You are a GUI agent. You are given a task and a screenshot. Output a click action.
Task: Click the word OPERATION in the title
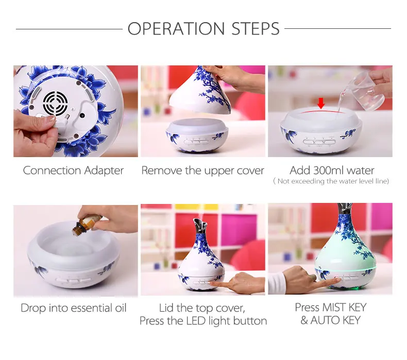pyautogui.click(x=176, y=28)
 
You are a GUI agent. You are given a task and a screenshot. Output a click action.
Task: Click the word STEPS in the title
pyautogui.click(x=256, y=28)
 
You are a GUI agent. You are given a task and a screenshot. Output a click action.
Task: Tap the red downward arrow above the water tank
pyautogui.click(x=321, y=103)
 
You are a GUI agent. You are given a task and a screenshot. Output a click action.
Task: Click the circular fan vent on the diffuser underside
pyautogui.click(x=55, y=103)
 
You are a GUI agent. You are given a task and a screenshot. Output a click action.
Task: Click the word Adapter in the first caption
pyautogui.click(x=104, y=171)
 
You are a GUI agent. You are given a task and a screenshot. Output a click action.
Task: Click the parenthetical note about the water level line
pyautogui.click(x=331, y=181)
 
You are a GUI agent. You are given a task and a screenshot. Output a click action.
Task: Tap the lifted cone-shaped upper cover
pyautogui.click(x=200, y=91)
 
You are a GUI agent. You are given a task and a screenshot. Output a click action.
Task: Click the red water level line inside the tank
pyautogui.click(x=321, y=111)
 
